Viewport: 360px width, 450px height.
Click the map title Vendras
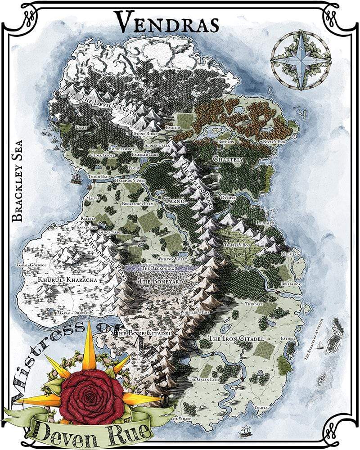click(166, 21)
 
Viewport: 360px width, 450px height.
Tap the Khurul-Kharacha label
click(67, 280)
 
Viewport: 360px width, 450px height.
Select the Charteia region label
click(229, 159)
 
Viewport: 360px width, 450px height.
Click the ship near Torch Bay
click(76, 179)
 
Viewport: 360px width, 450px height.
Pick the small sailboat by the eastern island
click(319, 345)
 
